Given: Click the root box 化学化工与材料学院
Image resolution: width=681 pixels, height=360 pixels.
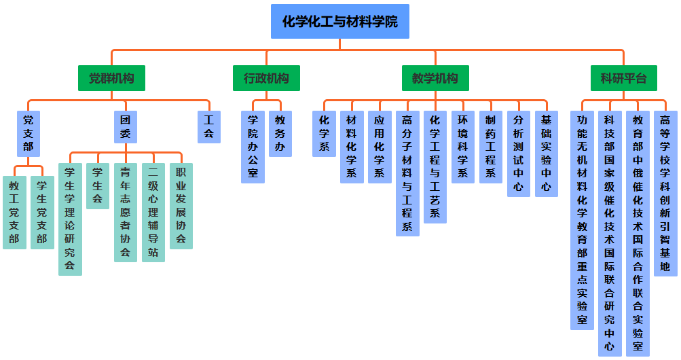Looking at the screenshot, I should coord(339,22).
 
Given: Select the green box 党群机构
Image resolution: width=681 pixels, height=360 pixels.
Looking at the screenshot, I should coord(111,78).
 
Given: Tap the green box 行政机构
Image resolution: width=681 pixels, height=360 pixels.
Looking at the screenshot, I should coord(266,78).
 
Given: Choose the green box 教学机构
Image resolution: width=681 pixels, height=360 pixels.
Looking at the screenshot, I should coord(435,78).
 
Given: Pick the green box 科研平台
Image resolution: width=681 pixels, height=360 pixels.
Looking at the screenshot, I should coord(623,78).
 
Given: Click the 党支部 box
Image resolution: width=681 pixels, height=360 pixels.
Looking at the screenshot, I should coord(29,133).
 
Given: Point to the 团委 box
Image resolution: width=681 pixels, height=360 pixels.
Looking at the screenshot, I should coord(125,126).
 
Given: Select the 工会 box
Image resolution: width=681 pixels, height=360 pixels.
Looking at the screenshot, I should coord(208,126).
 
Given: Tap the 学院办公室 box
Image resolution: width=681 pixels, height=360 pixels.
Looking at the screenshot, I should coord(253,147).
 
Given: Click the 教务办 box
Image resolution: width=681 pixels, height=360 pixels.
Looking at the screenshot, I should coord(280,133).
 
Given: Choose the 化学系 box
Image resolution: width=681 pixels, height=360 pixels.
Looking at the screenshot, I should coord(324,133).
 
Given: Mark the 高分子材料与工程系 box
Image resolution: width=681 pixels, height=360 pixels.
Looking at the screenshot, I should coord(407,173).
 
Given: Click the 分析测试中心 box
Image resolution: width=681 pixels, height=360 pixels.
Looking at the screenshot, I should coord(519,154).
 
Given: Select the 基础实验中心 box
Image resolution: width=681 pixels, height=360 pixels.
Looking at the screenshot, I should coord(547,154).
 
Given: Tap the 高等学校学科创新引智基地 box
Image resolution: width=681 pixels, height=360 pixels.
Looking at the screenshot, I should coord(665,193).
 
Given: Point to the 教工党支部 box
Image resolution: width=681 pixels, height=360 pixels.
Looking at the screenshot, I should coord(14,213).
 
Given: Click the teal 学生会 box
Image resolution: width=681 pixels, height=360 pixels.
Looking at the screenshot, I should coord(97,185).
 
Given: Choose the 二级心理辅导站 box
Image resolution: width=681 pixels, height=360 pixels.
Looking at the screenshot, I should coord(153,212).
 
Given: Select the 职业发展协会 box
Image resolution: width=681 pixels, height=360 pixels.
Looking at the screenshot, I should coord(181,206).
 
